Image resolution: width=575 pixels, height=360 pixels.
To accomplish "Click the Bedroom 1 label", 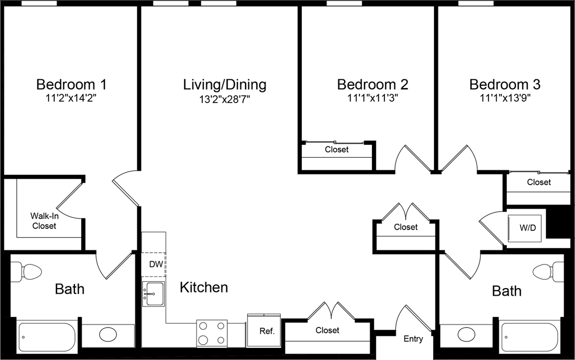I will pos(71,84).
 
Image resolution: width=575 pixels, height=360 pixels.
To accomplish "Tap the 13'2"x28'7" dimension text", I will pos(224,98).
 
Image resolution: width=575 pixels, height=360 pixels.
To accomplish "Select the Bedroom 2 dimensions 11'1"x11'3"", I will pos(372,98).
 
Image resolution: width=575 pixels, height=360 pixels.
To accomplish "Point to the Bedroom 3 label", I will pos(505,84).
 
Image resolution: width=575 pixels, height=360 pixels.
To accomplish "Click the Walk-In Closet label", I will pos(44,221).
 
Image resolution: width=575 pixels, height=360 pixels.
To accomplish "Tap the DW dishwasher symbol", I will pos(156,264).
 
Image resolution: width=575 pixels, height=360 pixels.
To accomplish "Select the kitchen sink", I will pos(153,294).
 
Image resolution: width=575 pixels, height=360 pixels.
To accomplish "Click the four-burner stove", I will pos(211,333).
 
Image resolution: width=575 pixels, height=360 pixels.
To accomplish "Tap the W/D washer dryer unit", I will pos(527,227).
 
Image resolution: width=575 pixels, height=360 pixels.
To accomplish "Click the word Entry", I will pos(413,339).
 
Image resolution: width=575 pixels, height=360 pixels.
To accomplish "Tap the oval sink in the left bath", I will pos(108,334).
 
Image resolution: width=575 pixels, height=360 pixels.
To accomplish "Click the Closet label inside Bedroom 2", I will pos(337,149).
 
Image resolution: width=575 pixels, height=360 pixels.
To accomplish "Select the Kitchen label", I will pos(204,287).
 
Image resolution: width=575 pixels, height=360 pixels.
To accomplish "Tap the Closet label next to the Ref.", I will pos(327,330).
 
